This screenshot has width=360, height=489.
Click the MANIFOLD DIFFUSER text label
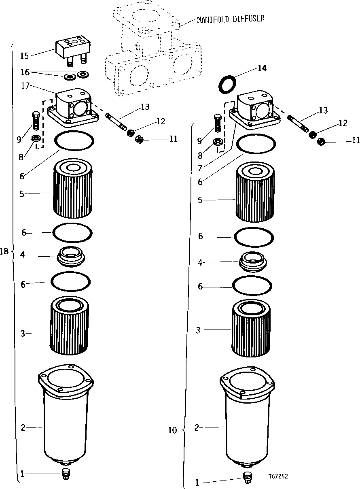click(231, 19)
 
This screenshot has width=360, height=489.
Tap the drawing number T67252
click(277, 476)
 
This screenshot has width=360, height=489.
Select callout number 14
click(262, 68)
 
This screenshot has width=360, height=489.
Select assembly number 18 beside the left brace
click(4, 251)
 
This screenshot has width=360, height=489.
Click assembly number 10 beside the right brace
click(172, 430)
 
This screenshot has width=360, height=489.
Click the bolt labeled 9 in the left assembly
click(35, 120)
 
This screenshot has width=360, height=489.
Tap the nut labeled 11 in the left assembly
click(140, 139)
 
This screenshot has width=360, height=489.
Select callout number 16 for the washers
click(25, 72)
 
